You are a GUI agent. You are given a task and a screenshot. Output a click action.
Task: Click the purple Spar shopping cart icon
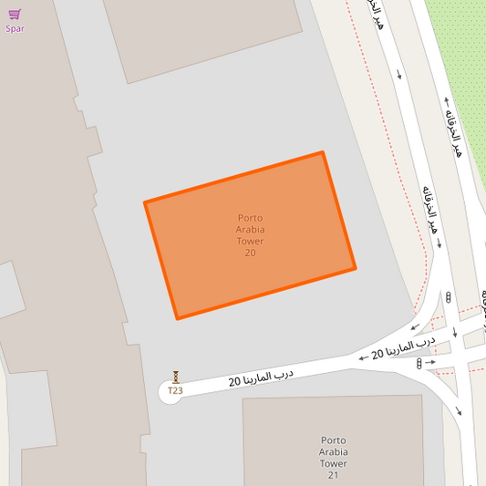click(x=14, y=15)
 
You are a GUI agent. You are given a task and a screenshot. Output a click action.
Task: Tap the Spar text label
click(x=14, y=28)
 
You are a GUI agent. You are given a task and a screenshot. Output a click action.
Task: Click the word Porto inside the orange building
click(x=251, y=218)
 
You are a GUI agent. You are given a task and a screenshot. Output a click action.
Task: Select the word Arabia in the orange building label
click(x=251, y=230)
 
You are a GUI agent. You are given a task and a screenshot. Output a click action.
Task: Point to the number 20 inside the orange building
click(x=251, y=253)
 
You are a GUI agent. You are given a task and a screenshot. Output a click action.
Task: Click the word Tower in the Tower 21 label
click(x=333, y=463)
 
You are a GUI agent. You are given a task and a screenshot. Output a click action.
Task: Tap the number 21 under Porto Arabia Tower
click(x=333, y=475)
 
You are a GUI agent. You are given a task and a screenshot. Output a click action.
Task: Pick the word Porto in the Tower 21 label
click(x=333, y=440)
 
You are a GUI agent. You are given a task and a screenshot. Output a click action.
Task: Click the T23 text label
click(x=175, y=391)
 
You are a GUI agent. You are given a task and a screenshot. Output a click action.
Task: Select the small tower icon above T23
click(x=175, y=377)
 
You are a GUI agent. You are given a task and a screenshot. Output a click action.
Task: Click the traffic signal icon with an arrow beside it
click(x=419, y=363)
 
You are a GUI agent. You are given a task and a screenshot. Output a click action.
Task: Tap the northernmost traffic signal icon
click(x=449, y=297)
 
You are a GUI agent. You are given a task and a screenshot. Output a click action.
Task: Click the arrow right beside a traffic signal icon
click(x=431, y=363)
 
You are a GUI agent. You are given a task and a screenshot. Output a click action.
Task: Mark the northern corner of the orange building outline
click(x=322, y=152)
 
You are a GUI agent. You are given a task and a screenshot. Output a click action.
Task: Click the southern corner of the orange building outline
click(x=178, y=318)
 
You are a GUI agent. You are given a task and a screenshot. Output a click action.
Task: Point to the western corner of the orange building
click(x=145, y=202)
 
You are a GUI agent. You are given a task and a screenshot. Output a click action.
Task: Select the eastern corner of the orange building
click(x=355, y=269)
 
